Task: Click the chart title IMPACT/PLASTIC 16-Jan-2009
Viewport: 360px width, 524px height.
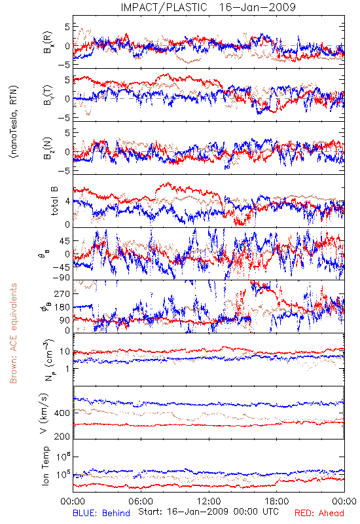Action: click(x=208, y=7)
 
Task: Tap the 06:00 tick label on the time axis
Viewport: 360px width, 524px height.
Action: click(x=141, y=501)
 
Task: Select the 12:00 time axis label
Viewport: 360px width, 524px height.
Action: click(x=209, y=501)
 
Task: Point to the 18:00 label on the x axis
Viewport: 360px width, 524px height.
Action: click(x=277, y=501)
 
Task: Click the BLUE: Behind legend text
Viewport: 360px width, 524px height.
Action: click(x=101, y=513)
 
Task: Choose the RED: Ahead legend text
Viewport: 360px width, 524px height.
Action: click(x=319, y=513)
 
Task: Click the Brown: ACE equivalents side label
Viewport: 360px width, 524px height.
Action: click(x=13, y=333)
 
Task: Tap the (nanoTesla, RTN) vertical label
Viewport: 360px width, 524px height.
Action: click(x=14, y=121)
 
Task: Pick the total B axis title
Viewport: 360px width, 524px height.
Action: click(x=54, y=201)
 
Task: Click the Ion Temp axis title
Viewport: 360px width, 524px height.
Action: click(x=45, y=466)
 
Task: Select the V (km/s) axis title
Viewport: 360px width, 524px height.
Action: click(x=45, y=413)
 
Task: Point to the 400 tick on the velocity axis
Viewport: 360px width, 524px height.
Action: click(x=62, y=413)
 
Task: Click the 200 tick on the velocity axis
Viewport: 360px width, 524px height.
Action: click(x=62, y=436)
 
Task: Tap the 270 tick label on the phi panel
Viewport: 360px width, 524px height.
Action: click(x=62, y=293)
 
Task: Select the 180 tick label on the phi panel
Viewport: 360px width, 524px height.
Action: click(x=62, y=307)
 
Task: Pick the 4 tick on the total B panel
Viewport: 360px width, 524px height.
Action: click(x=68, y=202)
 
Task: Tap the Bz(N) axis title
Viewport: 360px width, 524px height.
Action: click(x=48, y=148)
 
